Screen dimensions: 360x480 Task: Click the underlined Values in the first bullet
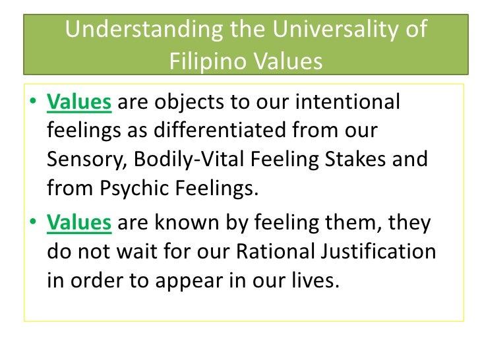pyautogui.click(x=79, y=103)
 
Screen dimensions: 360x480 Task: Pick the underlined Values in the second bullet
pyautogui.click(x=79, y=223)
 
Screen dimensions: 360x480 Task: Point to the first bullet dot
pyautogui.click(x=34, y=104)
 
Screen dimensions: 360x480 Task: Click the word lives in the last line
pyautogui.click(x=319, y=280)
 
